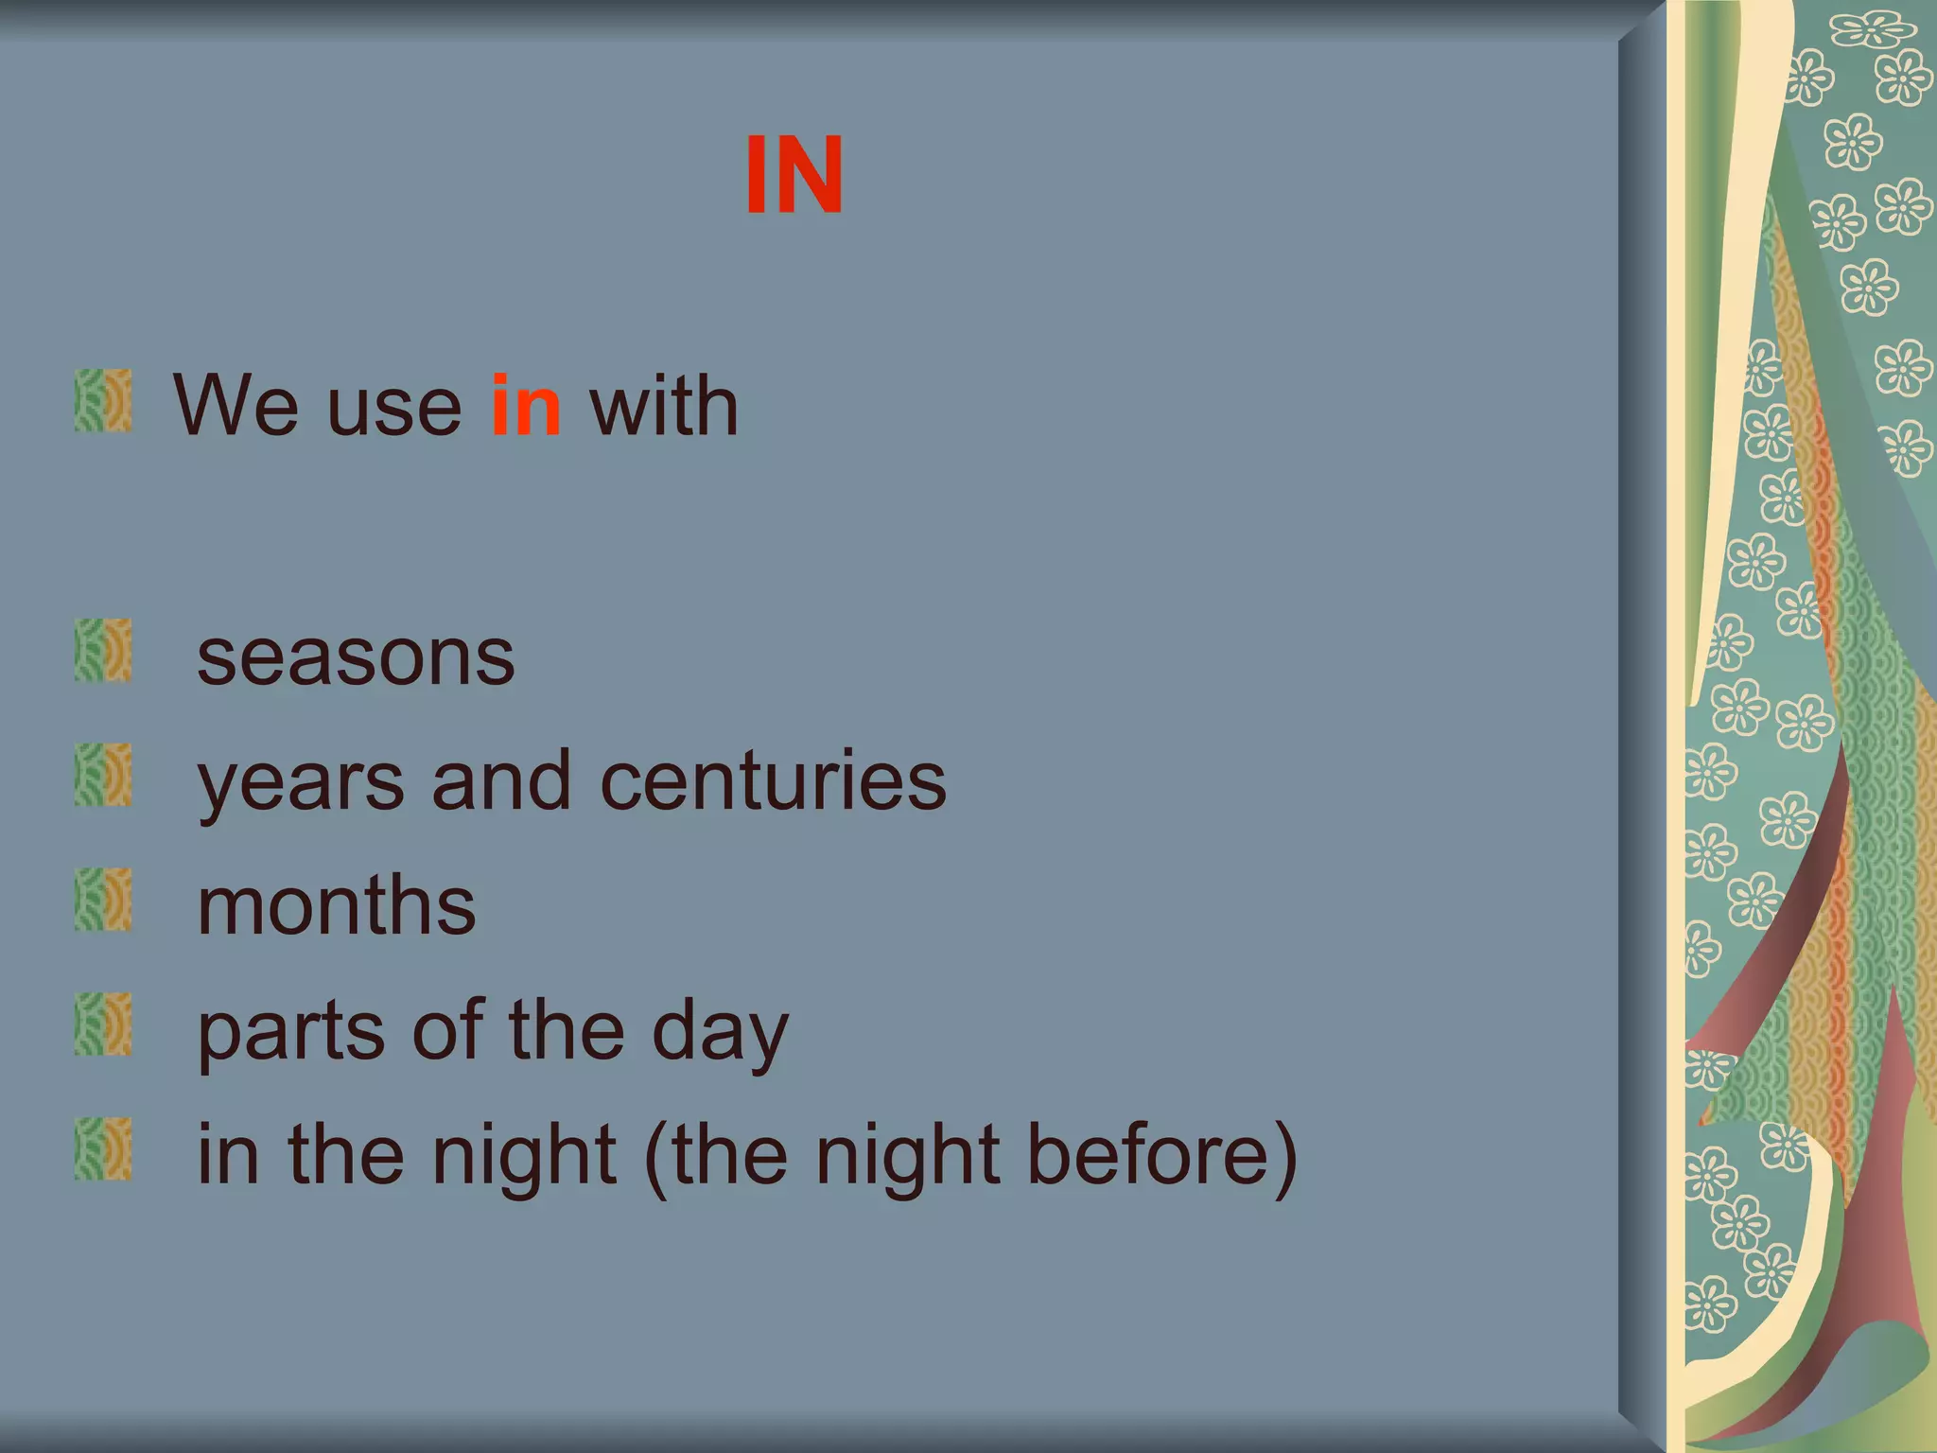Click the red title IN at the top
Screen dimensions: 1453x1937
794,176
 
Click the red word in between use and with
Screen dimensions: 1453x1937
526,407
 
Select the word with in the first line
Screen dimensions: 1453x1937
663,407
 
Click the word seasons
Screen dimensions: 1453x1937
356,658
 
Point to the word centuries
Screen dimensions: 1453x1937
773,782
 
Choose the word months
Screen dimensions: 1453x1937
336,906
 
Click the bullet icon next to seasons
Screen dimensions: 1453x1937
103,651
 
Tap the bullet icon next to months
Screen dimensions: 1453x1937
103,900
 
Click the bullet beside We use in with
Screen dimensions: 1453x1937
103,401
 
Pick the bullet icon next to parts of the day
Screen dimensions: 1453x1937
103,1024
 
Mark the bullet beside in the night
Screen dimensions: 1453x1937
103,1149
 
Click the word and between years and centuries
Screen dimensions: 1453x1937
501,782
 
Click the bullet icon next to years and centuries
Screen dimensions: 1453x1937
103,776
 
